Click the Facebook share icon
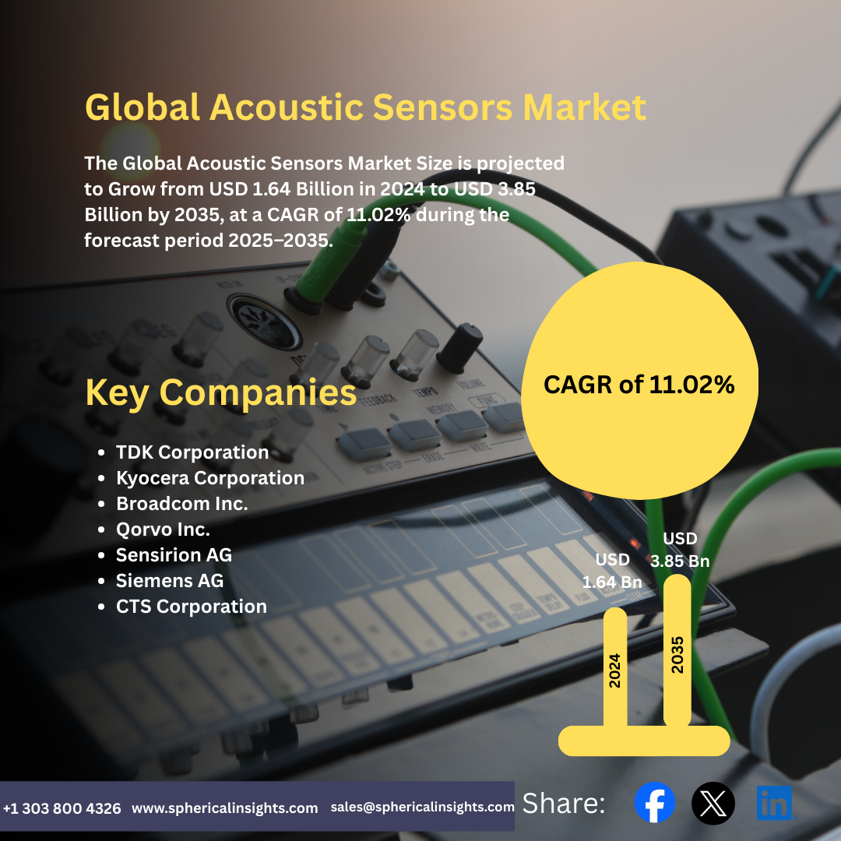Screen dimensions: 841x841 [x=654, y=803]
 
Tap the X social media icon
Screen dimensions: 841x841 [x=713, y=803]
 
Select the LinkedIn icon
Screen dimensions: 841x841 [x=774, y=803]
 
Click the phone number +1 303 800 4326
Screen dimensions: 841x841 [x=62, y=808]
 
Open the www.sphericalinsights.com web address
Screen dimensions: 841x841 [x=224, y=808]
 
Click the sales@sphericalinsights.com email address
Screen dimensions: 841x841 [x=422, y=808]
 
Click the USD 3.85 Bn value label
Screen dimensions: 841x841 [x=680, y=550]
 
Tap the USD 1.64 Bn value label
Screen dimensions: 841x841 [x=612, y=571]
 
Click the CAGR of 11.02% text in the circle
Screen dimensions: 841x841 [x=639, y=384]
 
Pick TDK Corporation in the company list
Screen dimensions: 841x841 [x=192, y=452]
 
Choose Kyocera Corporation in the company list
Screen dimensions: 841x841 [x=209, y=478]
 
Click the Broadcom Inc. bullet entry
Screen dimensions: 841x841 [x=181, y=504]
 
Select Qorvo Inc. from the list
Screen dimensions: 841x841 [x=163, y=530]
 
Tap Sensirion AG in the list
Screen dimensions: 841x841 [x=174, y=555]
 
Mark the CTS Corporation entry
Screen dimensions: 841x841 [x=191, y=607]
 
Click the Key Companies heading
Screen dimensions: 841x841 [x=220, y=393]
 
